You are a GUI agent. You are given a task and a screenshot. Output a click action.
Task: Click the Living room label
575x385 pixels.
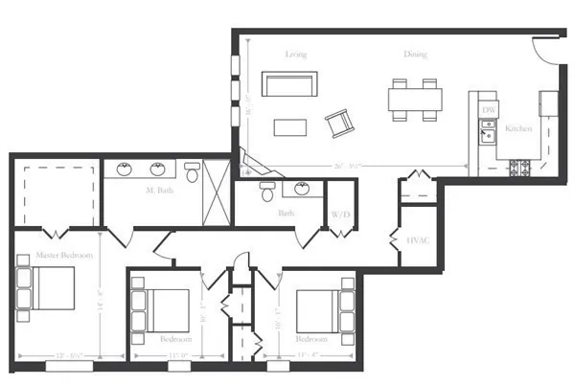tap(295, 54)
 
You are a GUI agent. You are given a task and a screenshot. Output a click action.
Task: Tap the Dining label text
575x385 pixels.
tap(415, 54)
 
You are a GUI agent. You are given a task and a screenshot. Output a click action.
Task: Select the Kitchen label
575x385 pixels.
tap(518, 128)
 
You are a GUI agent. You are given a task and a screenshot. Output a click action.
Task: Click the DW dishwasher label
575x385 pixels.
tap(489, 110)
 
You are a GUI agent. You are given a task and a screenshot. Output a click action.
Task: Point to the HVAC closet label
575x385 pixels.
tap(417, 239)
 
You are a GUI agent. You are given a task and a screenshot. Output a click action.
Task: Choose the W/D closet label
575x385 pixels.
tap(340, 215)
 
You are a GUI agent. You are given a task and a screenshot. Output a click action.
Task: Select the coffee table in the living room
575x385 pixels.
tap(288, 127)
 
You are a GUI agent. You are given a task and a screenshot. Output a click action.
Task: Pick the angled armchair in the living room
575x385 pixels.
tap(339, 123)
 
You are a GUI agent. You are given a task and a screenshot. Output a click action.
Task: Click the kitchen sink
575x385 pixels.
tap(488, 133)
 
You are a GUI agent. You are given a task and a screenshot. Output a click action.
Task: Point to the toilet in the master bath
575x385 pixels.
tap(192, 173)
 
